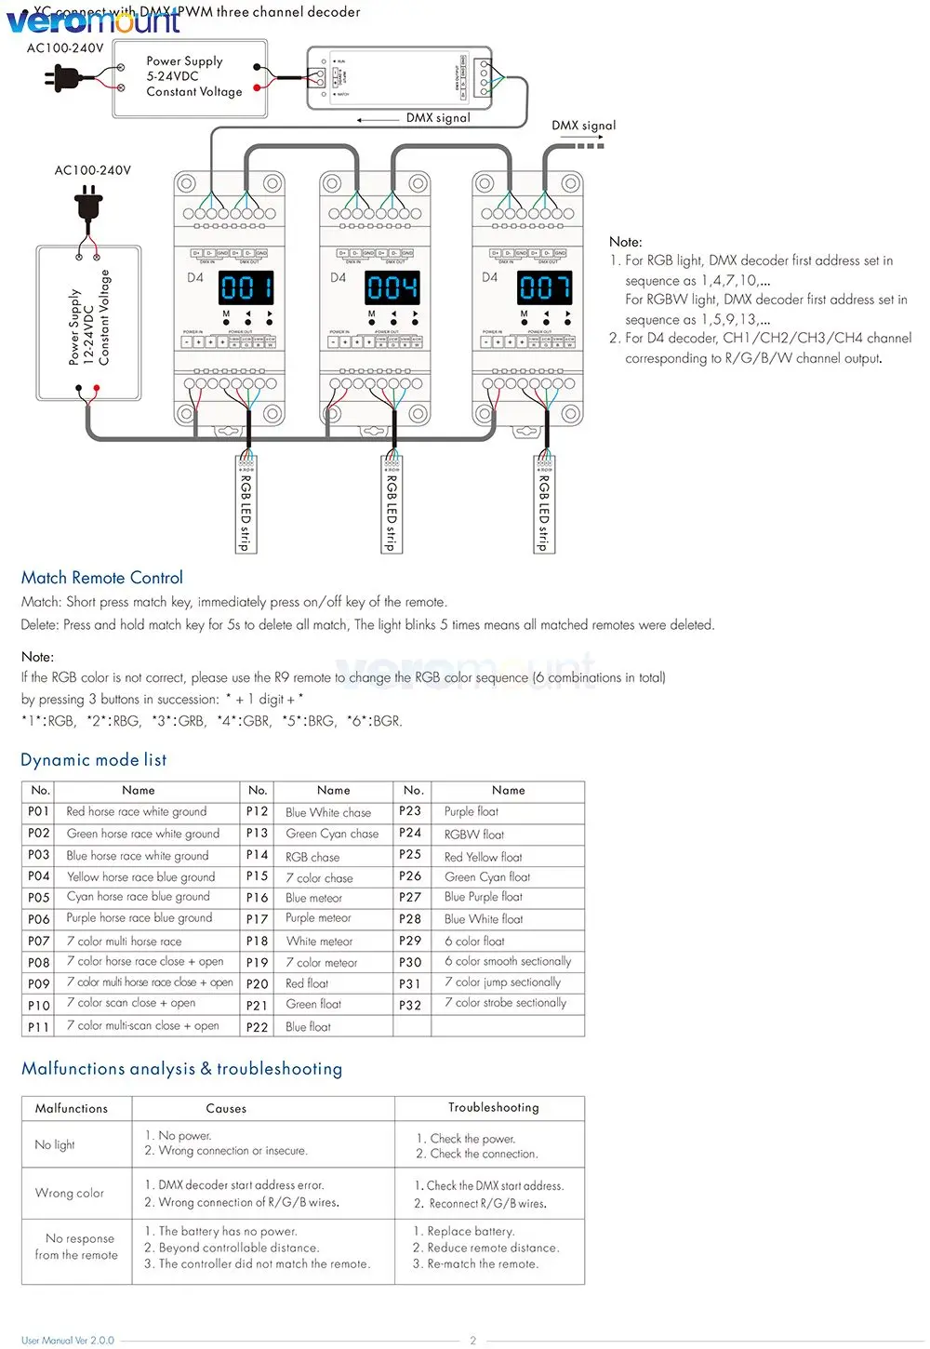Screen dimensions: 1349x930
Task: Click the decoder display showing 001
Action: (246, 287)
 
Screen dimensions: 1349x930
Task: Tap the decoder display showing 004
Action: (392, 287)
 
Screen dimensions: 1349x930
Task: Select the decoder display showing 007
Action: (545, 287)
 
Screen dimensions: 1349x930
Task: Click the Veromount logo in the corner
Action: (93, 20)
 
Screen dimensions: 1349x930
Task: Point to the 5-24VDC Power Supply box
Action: (190, 78)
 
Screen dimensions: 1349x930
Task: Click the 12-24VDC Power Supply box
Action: (88, 323)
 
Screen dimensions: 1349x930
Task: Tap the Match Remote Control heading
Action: (102, 578)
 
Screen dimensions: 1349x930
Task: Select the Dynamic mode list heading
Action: (94, 760)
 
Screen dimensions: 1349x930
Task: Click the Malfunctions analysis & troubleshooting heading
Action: (182, 1069)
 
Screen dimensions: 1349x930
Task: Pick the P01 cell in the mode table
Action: (39, 811)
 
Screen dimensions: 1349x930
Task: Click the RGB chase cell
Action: (312, 857)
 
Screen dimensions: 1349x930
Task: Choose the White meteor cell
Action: (319, 942)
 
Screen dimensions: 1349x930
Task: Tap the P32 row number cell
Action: (410, 1005)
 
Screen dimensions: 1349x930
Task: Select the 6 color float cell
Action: (474, 942)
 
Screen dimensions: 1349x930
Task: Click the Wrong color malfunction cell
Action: (70, 1193)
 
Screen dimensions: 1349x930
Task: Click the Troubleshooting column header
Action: (493, 1107)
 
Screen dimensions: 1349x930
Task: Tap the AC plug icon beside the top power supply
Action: (64, 77)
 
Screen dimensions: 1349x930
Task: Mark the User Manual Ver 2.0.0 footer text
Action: (68, 1341)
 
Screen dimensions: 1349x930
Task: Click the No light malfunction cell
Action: (55, 1144)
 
